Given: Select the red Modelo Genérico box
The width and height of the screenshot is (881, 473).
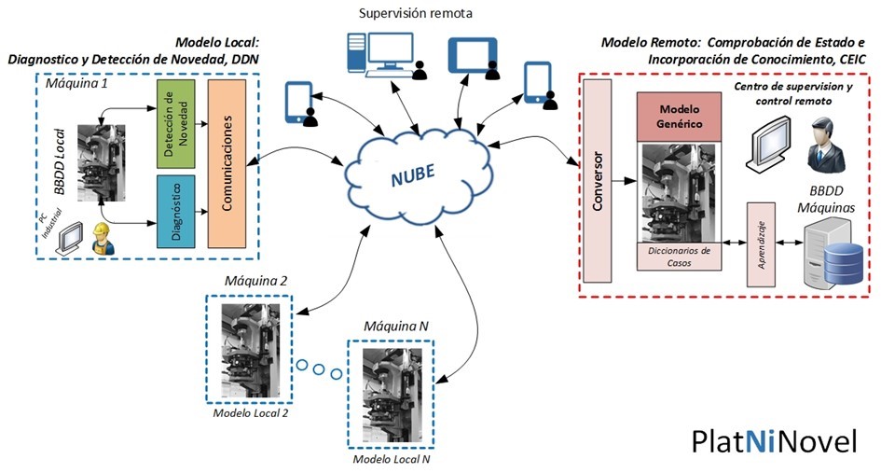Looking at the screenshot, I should coord(680,117).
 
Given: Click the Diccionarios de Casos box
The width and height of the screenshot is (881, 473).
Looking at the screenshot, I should coord(680,257).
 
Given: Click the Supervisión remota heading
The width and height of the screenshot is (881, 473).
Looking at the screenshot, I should coord(416,14).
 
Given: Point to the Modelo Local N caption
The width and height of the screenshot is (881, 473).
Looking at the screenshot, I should coord(391,459).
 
